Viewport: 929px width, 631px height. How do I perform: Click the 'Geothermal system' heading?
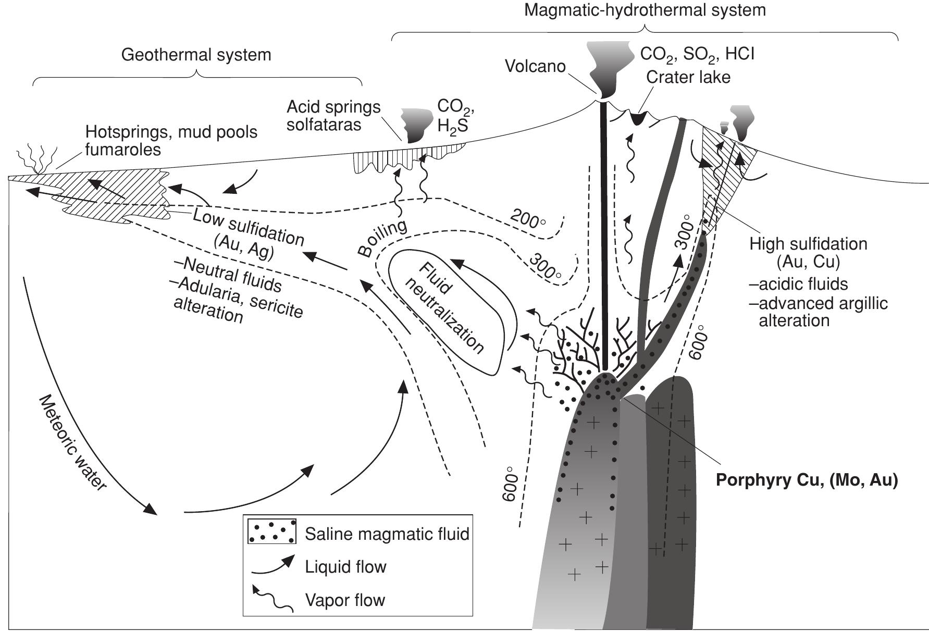(196, 55)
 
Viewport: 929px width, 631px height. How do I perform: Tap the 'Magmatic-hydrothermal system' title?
(645, 9)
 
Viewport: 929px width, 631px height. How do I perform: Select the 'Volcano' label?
(535, 67)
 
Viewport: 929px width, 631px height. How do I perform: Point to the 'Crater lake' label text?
(688, 77)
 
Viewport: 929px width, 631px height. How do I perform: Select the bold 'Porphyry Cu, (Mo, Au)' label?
(807, 480)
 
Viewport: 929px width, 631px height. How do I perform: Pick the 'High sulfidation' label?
(808, 244)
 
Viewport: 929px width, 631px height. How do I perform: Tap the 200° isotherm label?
(527, 219)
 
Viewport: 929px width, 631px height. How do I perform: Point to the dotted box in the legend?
(271, 531)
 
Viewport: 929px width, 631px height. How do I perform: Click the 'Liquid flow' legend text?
(345, 567)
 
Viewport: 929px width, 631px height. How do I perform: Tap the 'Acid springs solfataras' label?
(333, 116)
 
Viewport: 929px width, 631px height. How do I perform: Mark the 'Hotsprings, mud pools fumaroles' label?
(171, 141)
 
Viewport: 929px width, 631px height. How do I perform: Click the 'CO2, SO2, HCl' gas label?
(697, 54)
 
